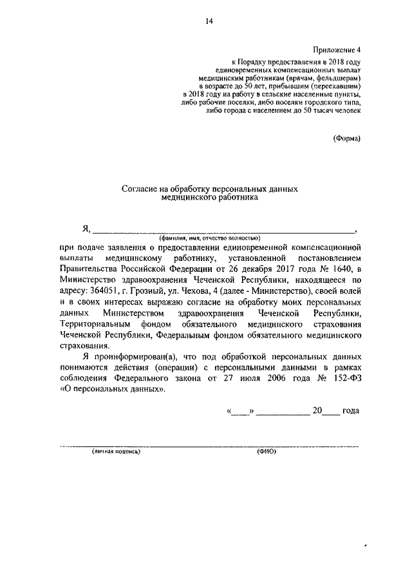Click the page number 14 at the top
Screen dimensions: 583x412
(209, 21)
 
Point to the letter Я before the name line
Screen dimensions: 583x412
(85, 229)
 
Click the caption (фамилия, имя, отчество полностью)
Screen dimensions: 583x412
(211, 238)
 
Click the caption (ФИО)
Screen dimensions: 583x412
(266, 452)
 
